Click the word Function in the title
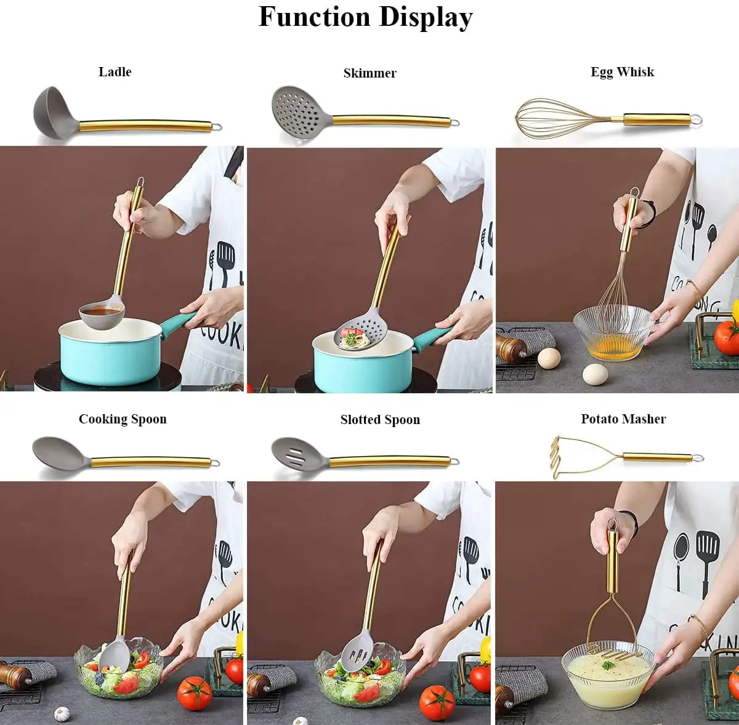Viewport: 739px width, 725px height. (x=315, y=17)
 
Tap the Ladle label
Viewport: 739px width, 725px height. (x=115, y=71)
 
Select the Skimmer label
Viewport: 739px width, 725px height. (x=369, y=73)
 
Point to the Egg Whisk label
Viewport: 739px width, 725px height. (x=622, y=72)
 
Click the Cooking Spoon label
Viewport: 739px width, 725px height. (x=123, y=419)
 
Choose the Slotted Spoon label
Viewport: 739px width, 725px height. (x=380, y=420)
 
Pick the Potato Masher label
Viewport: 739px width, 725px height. (x=623, y=419)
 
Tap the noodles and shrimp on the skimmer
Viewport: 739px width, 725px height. (x=355, y=337)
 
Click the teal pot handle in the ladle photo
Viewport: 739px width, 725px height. (x=179, y=324)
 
